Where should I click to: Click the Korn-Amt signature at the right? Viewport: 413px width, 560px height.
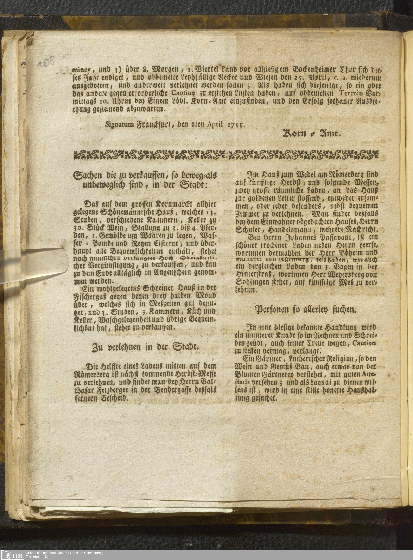coord(311,134)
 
